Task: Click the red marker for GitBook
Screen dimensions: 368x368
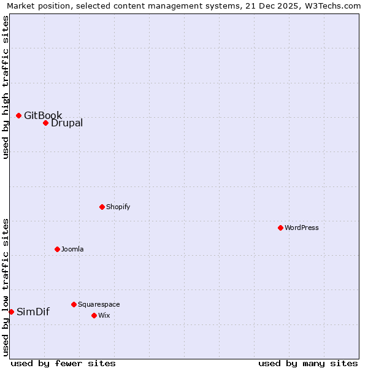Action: coord(18,115)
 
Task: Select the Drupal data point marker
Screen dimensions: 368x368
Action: coord(45,123)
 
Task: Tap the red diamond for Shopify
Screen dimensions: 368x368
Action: coord(102,207)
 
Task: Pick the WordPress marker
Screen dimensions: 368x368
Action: coord(280,228)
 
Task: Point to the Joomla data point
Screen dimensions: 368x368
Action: coord(57,249)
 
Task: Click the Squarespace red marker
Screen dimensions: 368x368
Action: coord(74,304)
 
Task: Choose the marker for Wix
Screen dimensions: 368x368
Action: coord(94,315)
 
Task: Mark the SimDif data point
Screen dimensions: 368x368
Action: coord(11,312)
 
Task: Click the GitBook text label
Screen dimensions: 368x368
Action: coord(43,115)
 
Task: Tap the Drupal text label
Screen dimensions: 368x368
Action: coord(67,123)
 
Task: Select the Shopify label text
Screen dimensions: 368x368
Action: coord(118,207)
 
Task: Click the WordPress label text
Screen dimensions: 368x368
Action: coord(302,228)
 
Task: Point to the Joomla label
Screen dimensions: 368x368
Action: coord(72,249)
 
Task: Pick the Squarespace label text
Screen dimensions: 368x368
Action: coord(99,304)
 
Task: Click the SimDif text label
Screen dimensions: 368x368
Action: coord(33,312)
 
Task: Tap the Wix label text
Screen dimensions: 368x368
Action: coord(104,315)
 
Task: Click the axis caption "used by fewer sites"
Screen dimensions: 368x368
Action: coord(63,363)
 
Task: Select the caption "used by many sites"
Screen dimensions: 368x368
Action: coord(308,363)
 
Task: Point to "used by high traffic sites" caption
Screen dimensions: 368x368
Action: coord(6,87)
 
